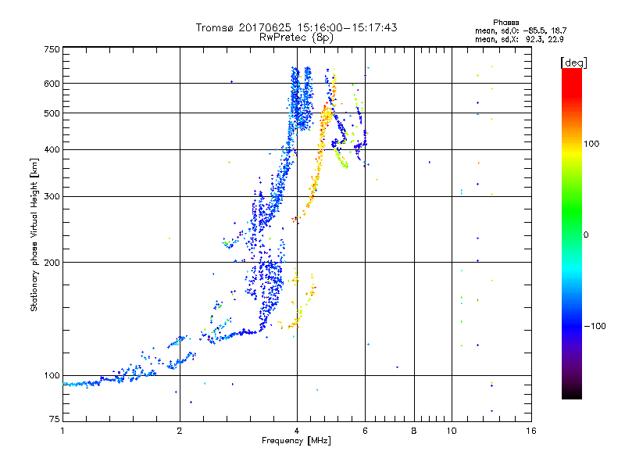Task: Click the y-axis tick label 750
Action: click(52, 49)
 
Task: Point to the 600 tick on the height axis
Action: click(52, 83)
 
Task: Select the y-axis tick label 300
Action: click(52, 196)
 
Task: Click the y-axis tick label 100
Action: click(52, 375)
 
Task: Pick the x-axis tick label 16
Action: click(530, 431)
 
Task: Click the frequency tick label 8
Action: click(414, 431)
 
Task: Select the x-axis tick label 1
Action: click(62, 431)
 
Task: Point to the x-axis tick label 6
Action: click(365, 431)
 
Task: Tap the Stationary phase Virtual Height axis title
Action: click(34, 234)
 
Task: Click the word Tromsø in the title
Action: click(216, 27)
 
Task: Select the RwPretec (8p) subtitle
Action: click(297, 37)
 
